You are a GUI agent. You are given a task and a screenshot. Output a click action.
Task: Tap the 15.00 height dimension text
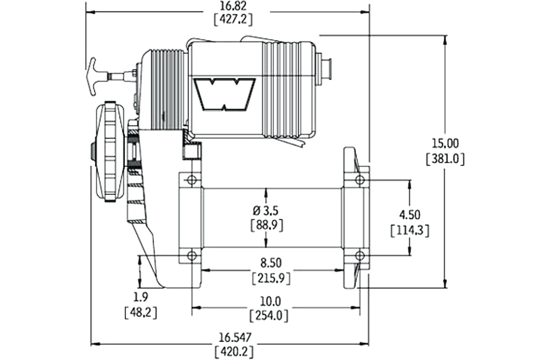coord(445,144)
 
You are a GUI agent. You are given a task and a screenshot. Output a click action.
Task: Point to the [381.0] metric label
coord(445,159)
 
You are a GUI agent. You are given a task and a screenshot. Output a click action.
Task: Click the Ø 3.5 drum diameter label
coord(266,210)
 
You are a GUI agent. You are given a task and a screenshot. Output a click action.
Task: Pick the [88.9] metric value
coord(266,225)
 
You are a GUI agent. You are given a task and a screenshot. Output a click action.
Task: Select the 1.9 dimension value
coord(141,297)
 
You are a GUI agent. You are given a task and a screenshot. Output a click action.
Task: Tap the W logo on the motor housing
coord(225,94)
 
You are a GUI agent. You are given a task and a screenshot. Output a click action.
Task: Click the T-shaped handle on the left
coord(94,76)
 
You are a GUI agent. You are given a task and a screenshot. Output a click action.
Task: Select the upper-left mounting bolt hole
coord(192,180)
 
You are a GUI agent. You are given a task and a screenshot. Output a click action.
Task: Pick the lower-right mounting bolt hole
coord(359,256)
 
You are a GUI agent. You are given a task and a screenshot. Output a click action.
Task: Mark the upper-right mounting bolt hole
coord(359,180)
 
